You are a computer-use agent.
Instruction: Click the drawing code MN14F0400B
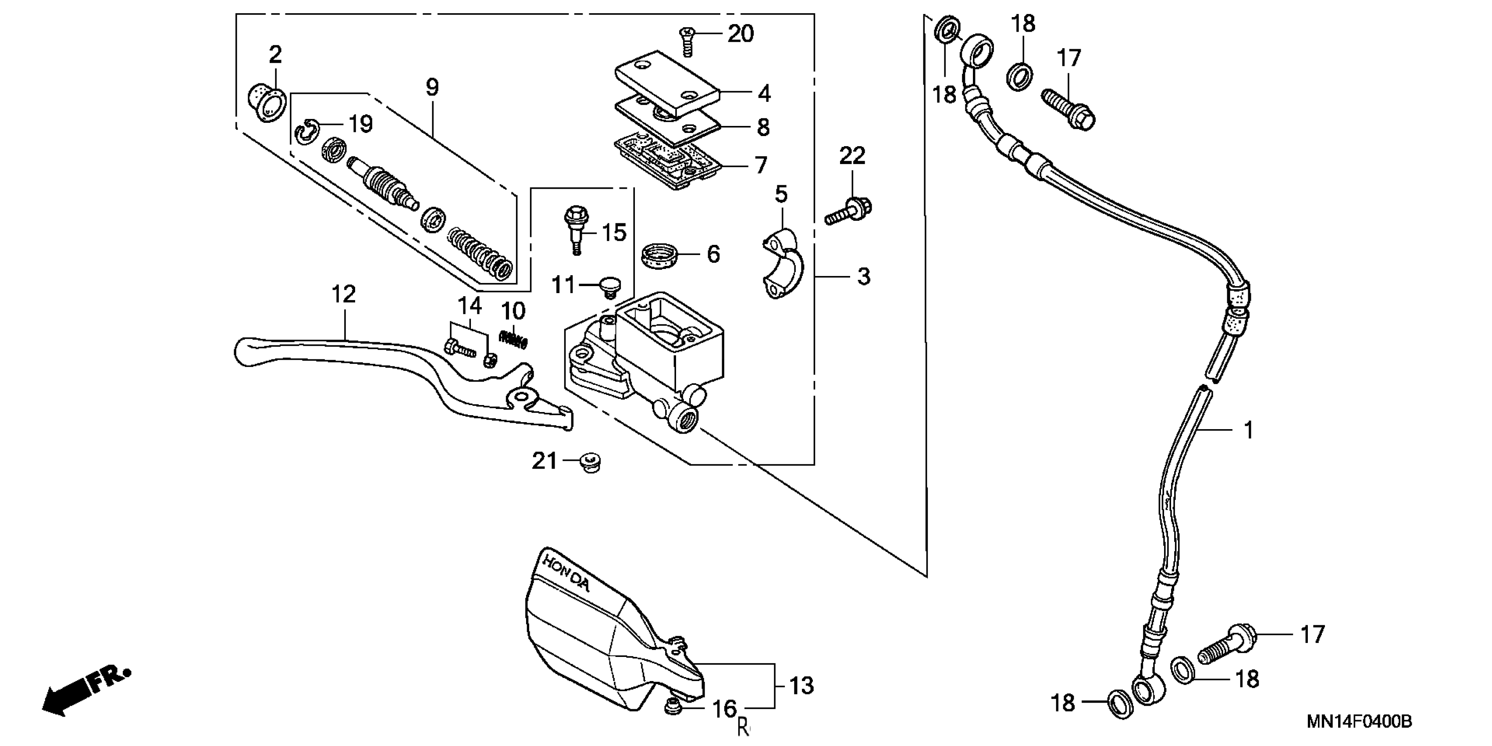(1359, 722)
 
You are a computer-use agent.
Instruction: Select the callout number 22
(852, 156)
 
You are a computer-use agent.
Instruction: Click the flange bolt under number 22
(848, 211)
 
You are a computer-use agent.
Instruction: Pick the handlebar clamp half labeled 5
(782, 264)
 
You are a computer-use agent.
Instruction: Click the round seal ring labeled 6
(661, 256)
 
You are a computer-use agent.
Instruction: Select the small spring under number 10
(514, 338)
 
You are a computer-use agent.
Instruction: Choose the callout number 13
(801, 686)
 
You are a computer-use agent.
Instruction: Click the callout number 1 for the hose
(1249, 430)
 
